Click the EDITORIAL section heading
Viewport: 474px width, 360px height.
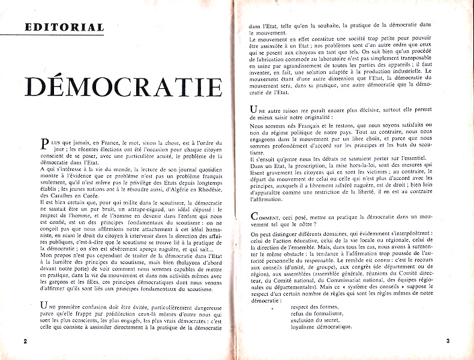65,27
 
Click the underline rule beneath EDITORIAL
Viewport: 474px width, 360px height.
65,34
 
